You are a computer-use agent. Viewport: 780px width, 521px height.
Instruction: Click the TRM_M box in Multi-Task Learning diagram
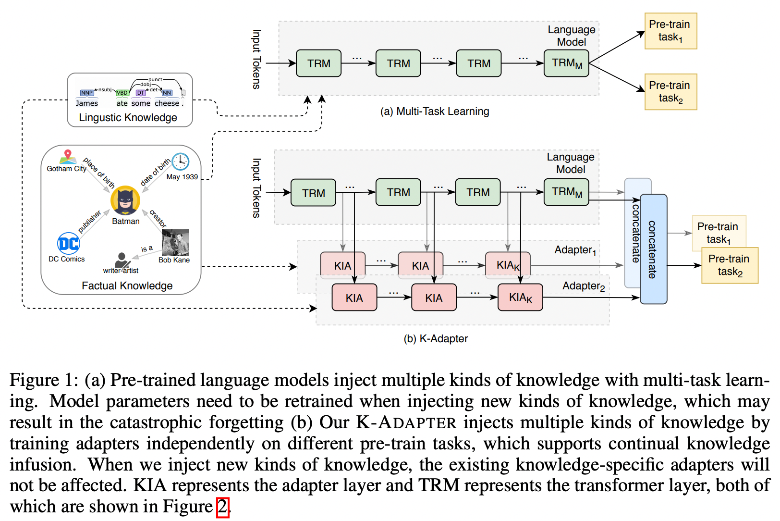click(x=566, y=63)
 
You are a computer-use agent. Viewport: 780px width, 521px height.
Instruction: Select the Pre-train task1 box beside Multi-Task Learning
click(x=670, y=31)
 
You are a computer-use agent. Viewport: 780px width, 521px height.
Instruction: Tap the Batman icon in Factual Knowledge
click(x=125, y=200)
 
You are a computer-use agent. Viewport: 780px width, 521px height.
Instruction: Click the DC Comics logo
click(x=68, y=243)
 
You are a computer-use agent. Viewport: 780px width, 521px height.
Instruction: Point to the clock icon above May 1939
click(x=181, y=161)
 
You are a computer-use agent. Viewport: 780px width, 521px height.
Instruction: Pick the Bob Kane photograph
click(x=175, y=242)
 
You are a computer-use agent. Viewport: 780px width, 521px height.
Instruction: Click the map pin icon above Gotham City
click(x=68, y=156)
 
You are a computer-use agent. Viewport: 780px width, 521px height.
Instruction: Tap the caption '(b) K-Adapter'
click(x=436, y=338)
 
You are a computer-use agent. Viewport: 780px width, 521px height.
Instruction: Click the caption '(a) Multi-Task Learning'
click(x=435, y=112)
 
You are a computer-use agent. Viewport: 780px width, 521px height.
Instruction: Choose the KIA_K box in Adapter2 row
click(x=520, y=298)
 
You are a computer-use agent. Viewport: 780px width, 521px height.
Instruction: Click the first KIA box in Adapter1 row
click(x=342, y=265)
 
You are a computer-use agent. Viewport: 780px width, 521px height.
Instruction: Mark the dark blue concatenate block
click(x=653, y=249)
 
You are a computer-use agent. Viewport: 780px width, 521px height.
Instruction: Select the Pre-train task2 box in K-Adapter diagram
click(x=730, y=265)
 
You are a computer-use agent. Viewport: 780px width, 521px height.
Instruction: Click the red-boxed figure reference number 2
click(x=222, y=507)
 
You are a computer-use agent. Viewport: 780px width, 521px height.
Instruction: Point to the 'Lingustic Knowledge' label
click(x=128, y=118)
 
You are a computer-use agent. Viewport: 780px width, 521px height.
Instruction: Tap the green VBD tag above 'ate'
click(x=122, y=93)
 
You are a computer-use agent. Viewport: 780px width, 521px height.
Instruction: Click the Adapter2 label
click(x=583, y=286)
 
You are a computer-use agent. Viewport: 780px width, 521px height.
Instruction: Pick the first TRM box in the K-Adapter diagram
click(x=313, y=193)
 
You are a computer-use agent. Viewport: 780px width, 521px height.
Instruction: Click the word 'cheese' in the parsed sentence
click(x=167, y=103)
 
